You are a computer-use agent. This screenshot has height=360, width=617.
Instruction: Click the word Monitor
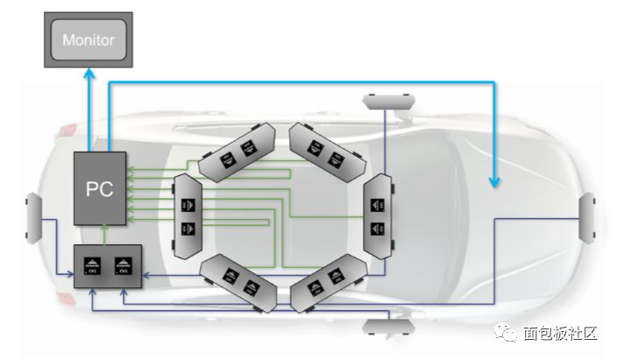89,40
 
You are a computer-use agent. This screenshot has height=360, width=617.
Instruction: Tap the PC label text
98,189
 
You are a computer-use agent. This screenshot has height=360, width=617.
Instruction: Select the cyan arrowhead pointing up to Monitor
89,77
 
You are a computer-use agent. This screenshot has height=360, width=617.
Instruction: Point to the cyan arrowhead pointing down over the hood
495,181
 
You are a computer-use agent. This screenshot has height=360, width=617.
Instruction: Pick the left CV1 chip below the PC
92,266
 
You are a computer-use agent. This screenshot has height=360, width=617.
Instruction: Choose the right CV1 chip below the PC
124,266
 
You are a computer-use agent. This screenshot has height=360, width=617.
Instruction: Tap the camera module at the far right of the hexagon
379,215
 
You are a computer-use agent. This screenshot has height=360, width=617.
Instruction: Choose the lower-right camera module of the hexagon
327,281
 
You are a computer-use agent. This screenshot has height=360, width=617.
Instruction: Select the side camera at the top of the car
387,99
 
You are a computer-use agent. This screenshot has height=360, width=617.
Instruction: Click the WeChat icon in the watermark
507,334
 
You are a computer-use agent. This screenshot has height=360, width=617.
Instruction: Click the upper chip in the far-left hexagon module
187,203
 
